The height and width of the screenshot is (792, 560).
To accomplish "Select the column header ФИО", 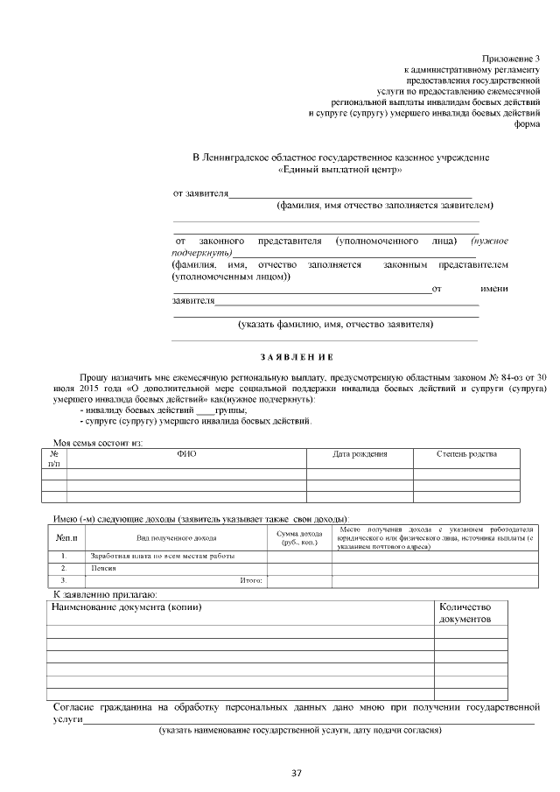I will click(186, 454).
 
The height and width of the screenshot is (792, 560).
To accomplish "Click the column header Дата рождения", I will click(360, 454).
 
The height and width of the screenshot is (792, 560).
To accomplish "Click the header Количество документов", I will click(465, 613).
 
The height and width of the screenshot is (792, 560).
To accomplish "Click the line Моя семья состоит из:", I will click(98, 442).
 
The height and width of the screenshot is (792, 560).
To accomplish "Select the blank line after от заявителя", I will click(350, 193).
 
